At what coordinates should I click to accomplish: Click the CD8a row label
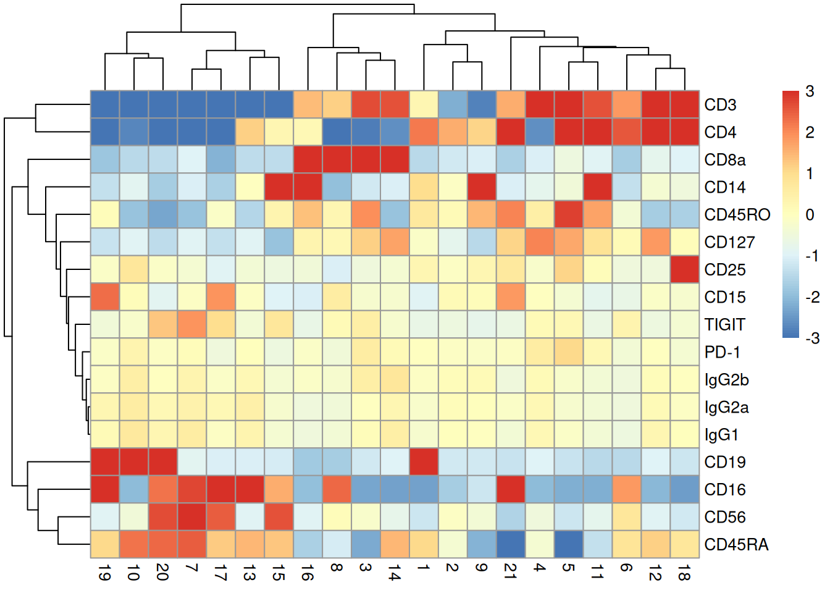tap(724, 160)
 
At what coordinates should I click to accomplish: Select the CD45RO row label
tap(737, 215)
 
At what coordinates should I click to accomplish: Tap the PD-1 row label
tap(722, 352)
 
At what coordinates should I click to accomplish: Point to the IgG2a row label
tap(726, 407)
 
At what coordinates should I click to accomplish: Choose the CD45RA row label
tap(736, 545)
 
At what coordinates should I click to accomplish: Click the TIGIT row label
tap(724, 325)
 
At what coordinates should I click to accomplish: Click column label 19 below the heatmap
tap(104, 574)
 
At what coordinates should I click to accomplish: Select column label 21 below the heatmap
tap(510, 571)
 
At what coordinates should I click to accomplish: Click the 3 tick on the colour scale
tap(810, 92)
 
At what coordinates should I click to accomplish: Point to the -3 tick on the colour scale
tap(812, 338)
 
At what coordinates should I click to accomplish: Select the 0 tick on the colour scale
tap(810, 215)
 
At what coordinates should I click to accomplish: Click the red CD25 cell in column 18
tap(684, 270)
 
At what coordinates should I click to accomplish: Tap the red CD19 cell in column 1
tap(423, 462)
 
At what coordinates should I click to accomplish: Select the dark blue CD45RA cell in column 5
tap(569, 545)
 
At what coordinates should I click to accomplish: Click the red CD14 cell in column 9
tap(481, 187)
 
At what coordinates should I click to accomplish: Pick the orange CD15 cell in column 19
tap(105, 297)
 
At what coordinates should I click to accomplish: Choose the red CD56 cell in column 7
tap(192, 517)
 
